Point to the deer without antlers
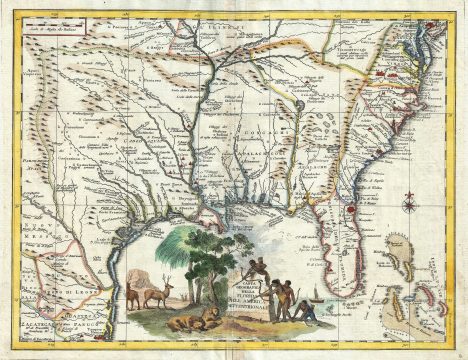(133, 296)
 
